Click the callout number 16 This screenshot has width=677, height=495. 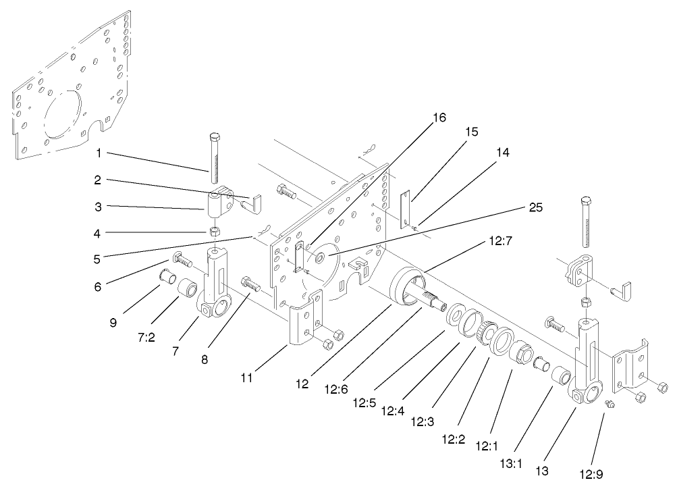[x=439, y=118]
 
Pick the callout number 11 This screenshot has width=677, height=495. [x=247, y=377]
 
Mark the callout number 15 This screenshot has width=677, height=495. [x=471, y=132]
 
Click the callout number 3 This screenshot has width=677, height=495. [x=99, y=205]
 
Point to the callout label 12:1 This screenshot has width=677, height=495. [x=487, y=446]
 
